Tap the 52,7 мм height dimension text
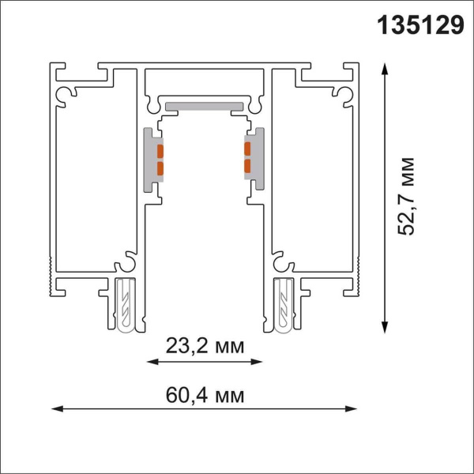tap(408, 197)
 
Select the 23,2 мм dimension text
tap(205, 345)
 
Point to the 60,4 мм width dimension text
tap(205, 393)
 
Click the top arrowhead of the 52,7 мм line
tap(385, 69)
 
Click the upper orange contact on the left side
tap(160, 150)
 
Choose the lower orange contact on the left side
tap(160, 167)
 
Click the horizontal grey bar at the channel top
tap(204, 104)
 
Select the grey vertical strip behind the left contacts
tap(149, 159)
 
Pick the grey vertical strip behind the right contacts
tap(258, 158)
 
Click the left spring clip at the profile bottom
tap(126, 304)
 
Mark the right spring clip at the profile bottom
tap(282, 304)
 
